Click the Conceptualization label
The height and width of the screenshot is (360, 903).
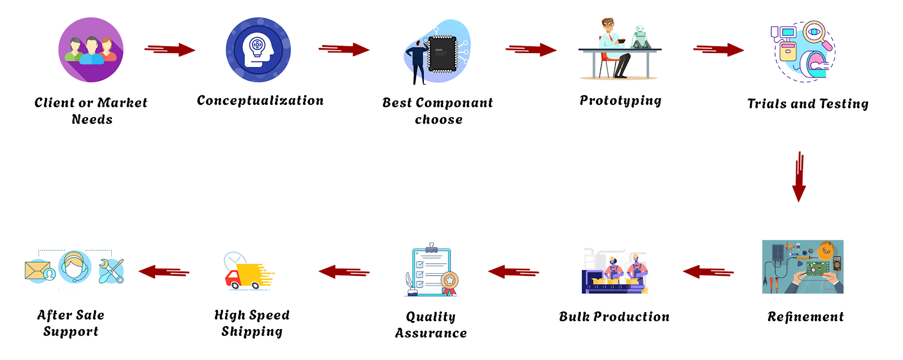260,101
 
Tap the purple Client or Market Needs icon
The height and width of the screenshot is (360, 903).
91,50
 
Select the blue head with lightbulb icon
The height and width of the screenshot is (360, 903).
258,50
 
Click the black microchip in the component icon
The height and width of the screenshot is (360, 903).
442,54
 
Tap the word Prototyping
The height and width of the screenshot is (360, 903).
620,101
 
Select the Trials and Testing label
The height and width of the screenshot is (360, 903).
808,104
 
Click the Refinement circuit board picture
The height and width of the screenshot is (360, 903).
803,267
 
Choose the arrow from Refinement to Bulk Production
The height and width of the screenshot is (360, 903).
708,272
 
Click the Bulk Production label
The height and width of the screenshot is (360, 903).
614,317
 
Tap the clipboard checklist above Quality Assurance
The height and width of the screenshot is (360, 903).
432,271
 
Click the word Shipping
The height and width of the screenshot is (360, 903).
252,332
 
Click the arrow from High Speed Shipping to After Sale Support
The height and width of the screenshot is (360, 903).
164,272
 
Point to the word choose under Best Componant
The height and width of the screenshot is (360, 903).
439,120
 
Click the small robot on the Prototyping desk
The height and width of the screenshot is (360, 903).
640,37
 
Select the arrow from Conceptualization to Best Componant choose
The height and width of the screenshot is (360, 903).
344,50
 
